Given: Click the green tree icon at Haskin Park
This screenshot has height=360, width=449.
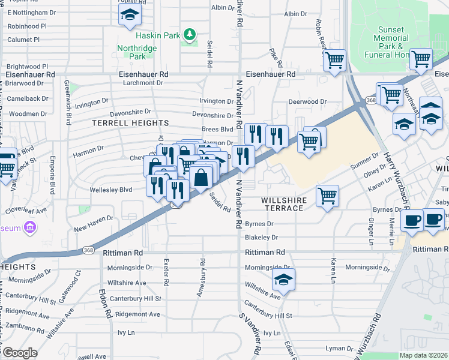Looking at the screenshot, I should point(190,35).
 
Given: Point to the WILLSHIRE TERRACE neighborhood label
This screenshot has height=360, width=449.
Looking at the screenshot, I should point(285,204).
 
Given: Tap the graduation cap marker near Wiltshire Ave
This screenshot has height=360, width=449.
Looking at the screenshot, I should point(283,280).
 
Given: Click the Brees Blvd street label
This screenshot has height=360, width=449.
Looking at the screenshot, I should point(217,129).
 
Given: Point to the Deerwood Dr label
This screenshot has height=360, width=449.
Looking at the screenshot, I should point(307,102).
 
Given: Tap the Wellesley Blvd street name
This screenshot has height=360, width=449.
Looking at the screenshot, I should point(111,190).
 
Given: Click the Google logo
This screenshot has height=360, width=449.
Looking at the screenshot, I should point(19,352).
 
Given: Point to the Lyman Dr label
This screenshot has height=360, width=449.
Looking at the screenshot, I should point(339,349).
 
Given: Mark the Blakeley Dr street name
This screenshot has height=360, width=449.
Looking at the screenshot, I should point(259,238).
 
